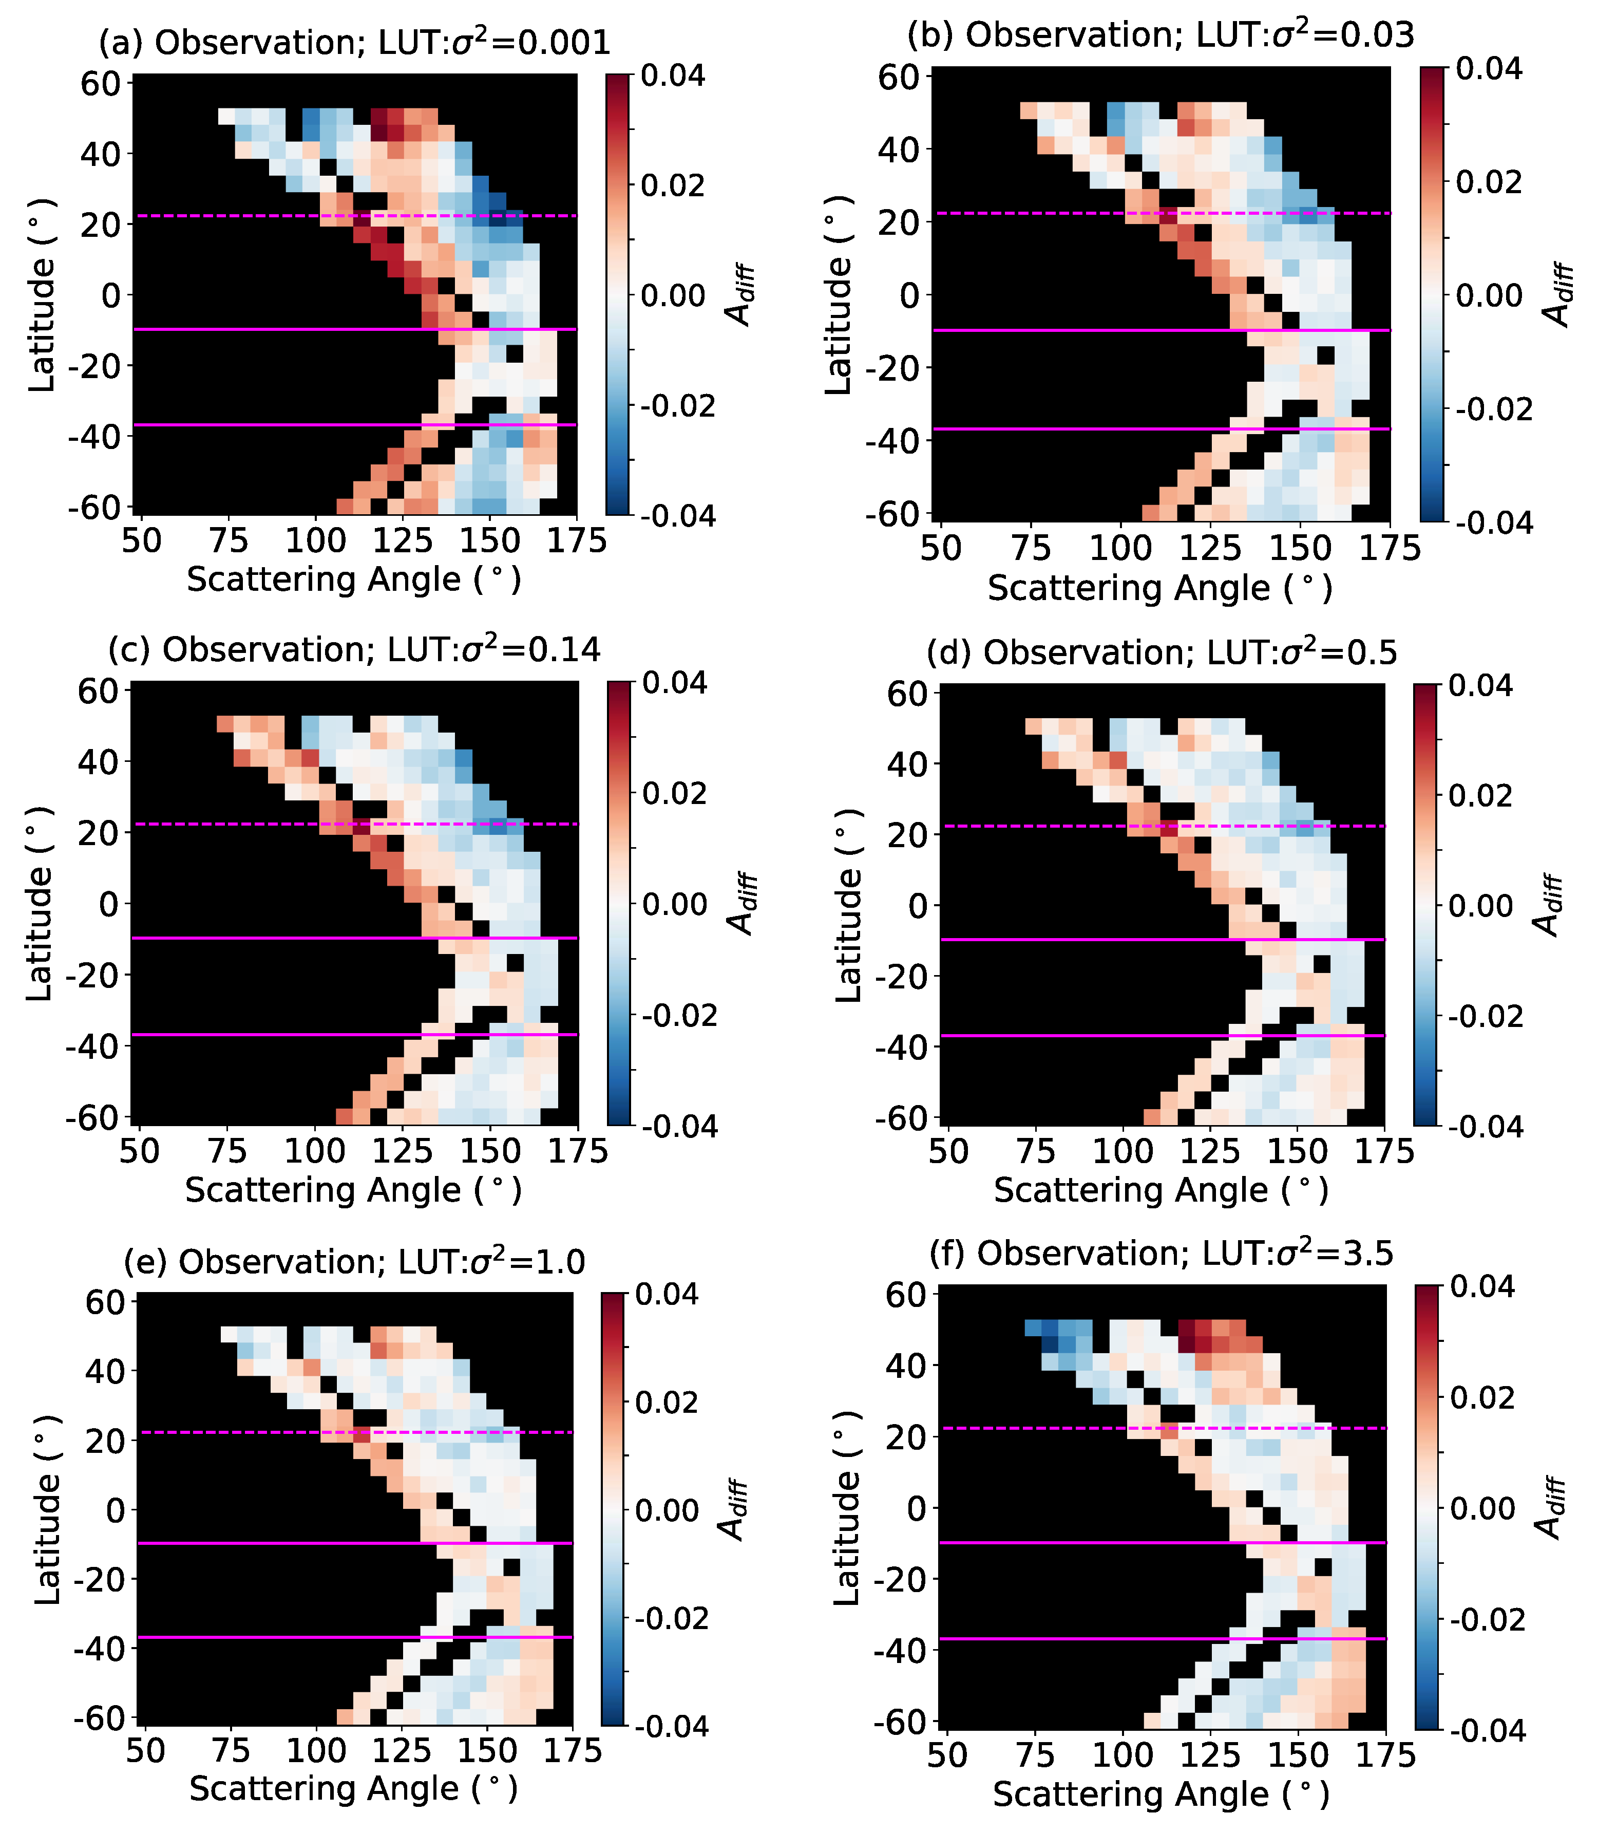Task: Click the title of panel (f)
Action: coord(1161,1253)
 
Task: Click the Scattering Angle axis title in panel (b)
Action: coord(1160,589)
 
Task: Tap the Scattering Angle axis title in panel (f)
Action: coord(1161,1794)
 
